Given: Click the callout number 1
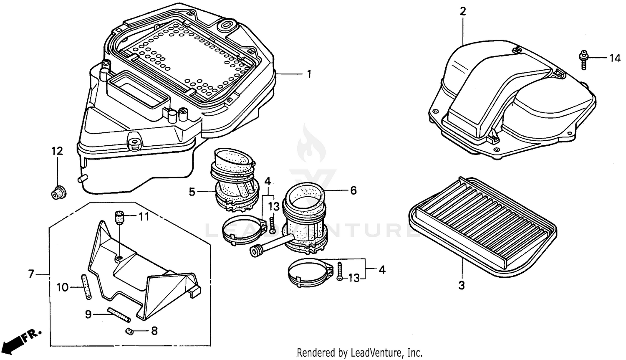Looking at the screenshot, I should point(309,74).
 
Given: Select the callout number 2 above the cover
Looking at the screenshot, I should point(462,12).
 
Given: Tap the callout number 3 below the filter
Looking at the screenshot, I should point(462,286).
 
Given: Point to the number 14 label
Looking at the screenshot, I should point(615,58).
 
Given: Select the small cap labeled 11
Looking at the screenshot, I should point(119,217).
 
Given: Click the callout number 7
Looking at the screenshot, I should point(31,274).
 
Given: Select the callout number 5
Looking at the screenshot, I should point(192,192).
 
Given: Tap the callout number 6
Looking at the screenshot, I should point(353,190).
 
